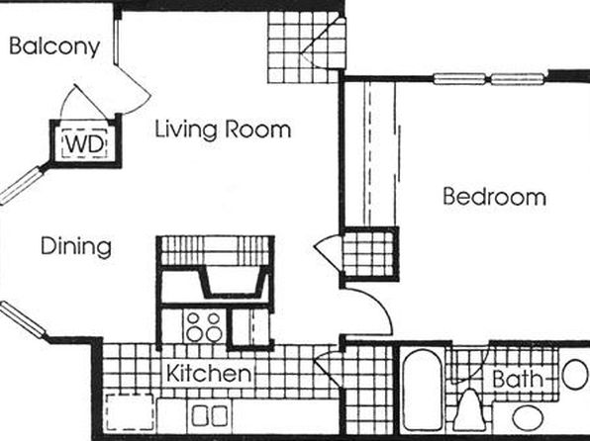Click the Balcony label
54,47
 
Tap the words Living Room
223,130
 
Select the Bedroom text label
494,196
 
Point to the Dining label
76,246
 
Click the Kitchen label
209,373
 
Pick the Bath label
518,379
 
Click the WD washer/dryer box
85,143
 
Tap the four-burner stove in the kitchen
204,326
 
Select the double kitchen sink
209,415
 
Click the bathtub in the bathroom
422,391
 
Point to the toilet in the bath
469,410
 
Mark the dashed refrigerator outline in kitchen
130,412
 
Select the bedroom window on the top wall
489,79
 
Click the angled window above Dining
21,186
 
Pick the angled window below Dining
23,319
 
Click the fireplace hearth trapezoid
234,281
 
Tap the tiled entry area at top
306,47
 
